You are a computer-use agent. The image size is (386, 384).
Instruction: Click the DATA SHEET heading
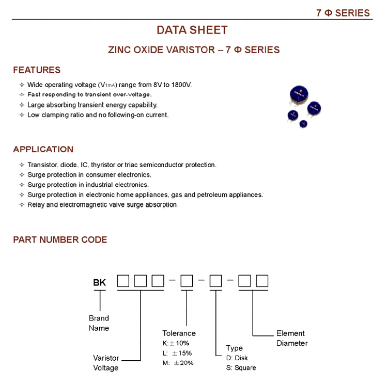coord(192,30)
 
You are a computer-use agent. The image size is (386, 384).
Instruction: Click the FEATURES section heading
coord(37,70)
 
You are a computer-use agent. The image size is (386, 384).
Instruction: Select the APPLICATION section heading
coord(43,150)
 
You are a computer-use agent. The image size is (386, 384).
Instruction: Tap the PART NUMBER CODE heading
coord(60,240)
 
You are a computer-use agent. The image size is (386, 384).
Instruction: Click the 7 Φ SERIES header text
coord(343,13)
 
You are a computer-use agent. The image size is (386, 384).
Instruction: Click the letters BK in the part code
coord(99,282)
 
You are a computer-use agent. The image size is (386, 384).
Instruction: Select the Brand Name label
coord(99,323)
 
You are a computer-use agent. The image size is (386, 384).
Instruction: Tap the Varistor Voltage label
coord(105,362)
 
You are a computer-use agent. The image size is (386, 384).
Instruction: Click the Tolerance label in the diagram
coord(179,333)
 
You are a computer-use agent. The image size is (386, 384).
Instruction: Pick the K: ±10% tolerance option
coord(176,343)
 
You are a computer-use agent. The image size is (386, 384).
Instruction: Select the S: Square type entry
coord(241,367)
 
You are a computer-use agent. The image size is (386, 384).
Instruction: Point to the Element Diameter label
coord(291,338)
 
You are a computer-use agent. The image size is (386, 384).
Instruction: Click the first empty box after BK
coord(123,282)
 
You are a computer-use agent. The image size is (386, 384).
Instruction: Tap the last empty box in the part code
coord(262,282)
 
